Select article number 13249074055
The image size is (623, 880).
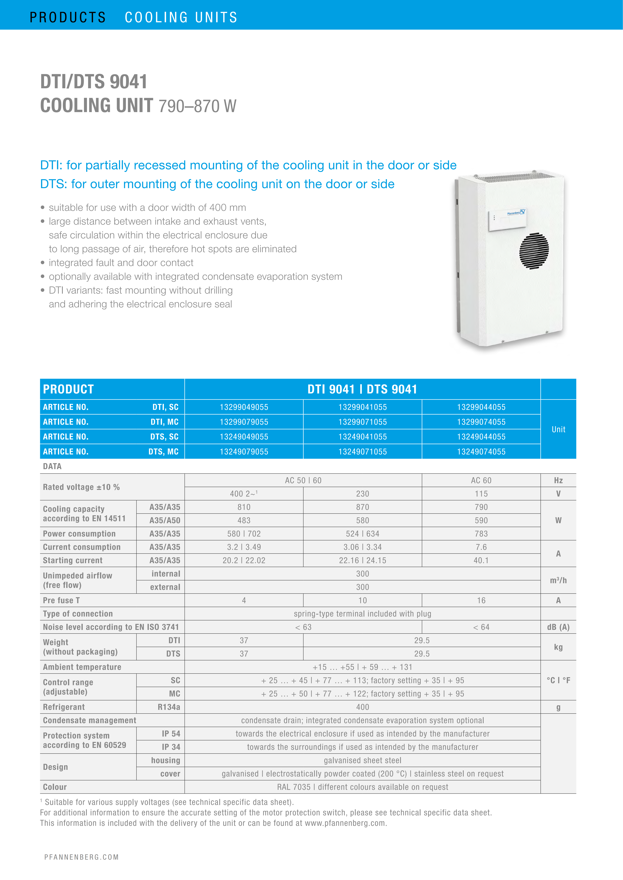click(x=481, y=452)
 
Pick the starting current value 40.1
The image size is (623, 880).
click(x=481, y=560)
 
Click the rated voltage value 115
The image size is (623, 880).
click(x=481, y=494)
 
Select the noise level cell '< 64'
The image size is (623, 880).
click(x=481, y=627)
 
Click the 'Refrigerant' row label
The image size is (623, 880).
click(x=64, y=707)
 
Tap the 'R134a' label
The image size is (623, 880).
click(x=169, y=707)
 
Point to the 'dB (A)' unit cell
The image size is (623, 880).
click(x=558, y=627)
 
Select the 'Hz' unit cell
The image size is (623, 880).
click(x=558, y=480)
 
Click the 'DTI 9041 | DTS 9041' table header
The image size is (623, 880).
click(x=362, y=389)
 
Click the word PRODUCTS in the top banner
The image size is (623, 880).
click(x=67, y=17)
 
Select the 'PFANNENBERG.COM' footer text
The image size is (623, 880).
click(x=81, y=857)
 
